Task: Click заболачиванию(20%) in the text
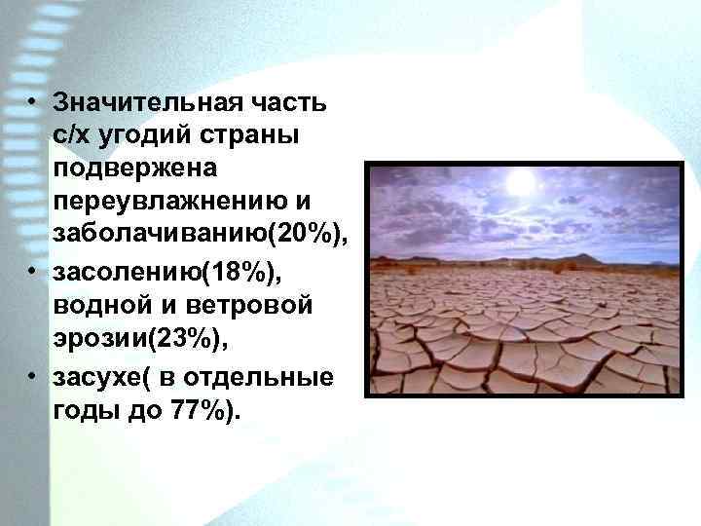pyautogui.click(x=201, y=235)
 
